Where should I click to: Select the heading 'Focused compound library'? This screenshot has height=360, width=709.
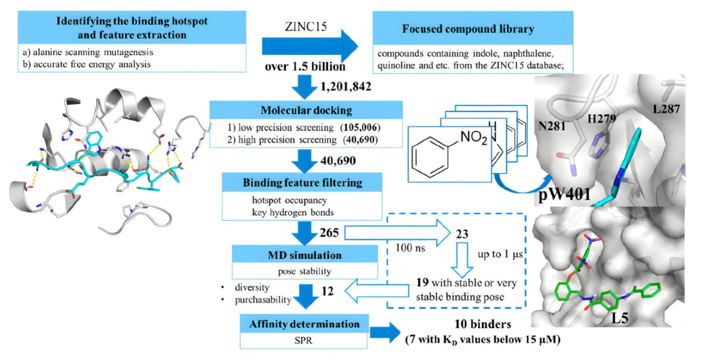[468, 29]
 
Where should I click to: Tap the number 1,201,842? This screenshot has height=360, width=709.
[345, 87]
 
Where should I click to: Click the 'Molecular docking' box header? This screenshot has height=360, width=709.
[307, 110]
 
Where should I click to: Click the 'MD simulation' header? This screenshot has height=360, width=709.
[305, 254]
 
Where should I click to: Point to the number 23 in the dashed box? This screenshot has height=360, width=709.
[461, 234]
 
